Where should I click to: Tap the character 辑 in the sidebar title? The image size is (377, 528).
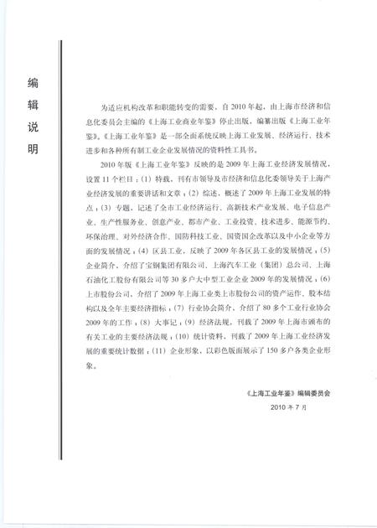34,106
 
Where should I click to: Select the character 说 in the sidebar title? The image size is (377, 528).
34,131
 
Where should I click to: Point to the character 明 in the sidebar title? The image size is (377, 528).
34,155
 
